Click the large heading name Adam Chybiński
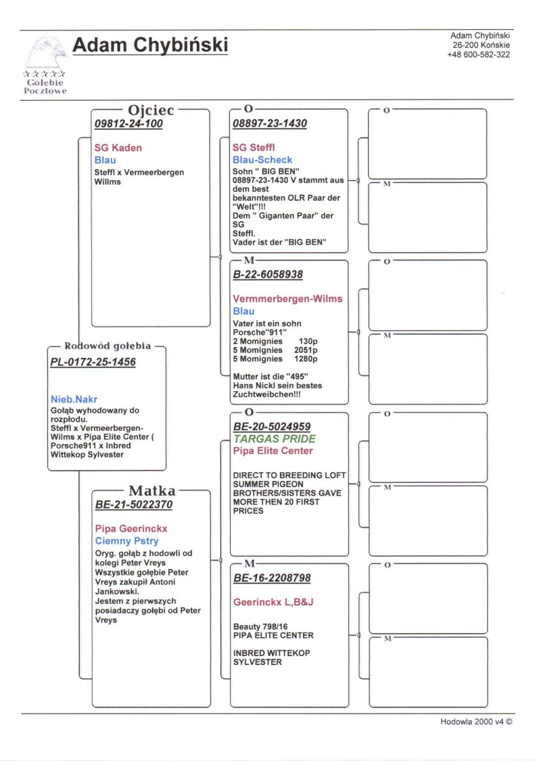tap(150, 45)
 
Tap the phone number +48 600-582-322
tap(478, 55)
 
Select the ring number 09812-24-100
tap(128, 124)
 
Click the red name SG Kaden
tap(118, 147)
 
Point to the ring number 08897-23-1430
tap(269, 124)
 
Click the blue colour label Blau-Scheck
tap(262, 160)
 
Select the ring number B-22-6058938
tap(268, 275)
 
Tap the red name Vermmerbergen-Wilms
tap(287, 298)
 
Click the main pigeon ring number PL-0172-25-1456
tap(93, 362)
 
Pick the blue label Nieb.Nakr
tap(74, 399)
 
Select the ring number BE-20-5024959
tap(272, 427)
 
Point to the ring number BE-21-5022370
tap(134, 504)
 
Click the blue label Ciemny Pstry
tap(126, 540)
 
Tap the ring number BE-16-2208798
tap(272, 578)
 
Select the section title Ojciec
tap(151, 110)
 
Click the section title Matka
tap(151, 490)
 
